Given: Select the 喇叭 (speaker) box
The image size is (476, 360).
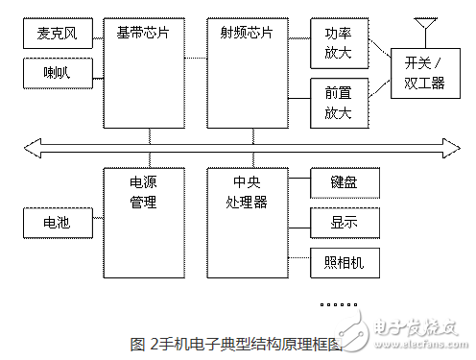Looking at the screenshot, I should point(58,73).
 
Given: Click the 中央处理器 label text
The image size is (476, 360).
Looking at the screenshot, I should point(247,191).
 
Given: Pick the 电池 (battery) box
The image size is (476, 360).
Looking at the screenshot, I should point(58,224).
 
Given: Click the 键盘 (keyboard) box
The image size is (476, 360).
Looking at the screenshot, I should point(343,182).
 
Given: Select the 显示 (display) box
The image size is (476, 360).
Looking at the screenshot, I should point(343,222).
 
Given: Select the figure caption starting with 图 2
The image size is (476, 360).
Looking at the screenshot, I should point(235,342).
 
